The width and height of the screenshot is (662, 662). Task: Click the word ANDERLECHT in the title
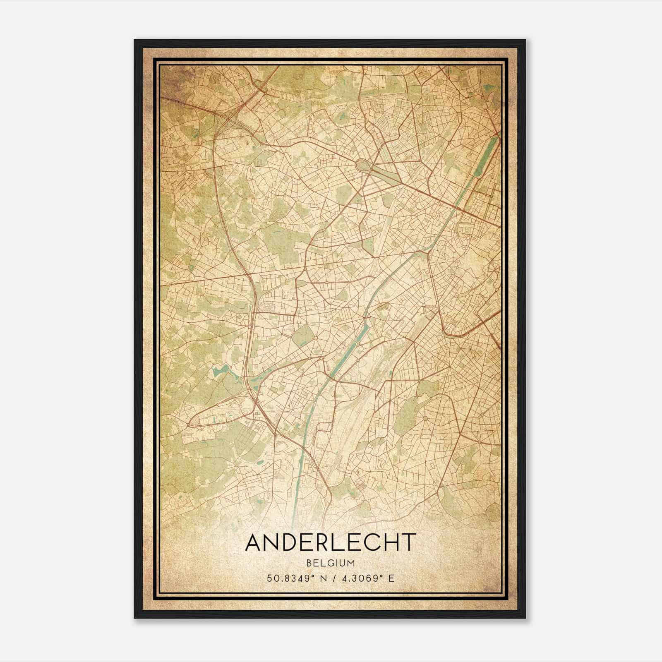(330, 542)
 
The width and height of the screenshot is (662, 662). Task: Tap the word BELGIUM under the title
(330, 563)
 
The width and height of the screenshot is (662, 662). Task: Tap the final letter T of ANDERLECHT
(407, 542)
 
